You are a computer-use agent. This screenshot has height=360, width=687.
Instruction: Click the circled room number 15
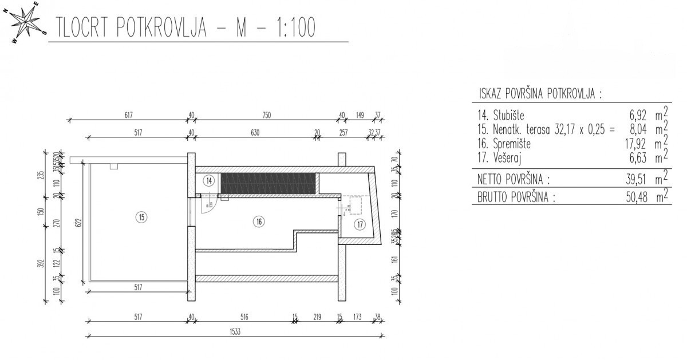pos(141,217)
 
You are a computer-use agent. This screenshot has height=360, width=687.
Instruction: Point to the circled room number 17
pos(359,224)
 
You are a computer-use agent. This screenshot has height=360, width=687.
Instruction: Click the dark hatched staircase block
pos(268,184)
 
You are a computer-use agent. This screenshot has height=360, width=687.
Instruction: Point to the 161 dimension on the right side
pos(394,259)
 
